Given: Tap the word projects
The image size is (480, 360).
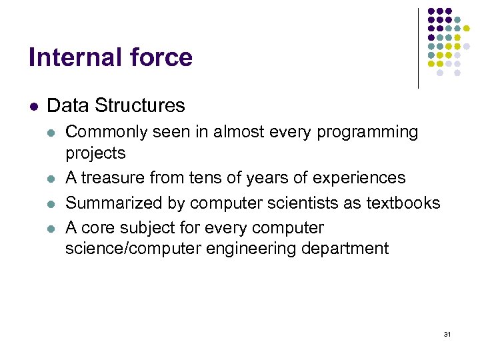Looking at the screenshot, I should [95, 153].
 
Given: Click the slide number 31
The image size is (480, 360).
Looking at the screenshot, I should [447, 334].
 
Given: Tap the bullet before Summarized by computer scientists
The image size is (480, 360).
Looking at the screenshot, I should [52, 203].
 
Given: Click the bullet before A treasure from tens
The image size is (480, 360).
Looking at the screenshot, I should [52, 178].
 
